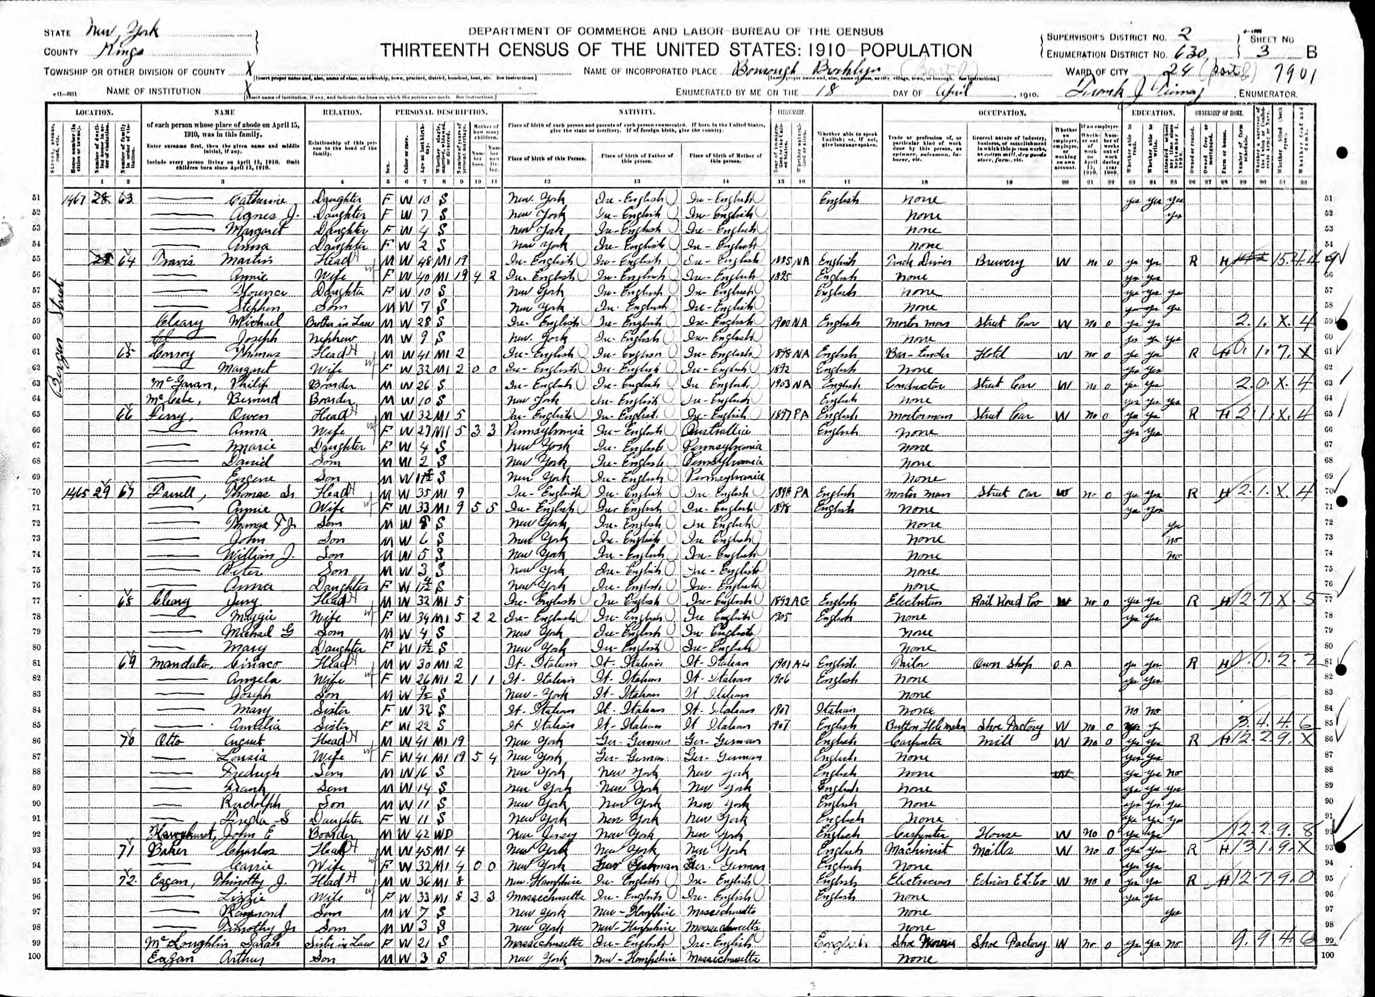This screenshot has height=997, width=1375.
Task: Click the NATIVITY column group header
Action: point(635,113)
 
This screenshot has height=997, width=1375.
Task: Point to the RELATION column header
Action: point(343,113)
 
